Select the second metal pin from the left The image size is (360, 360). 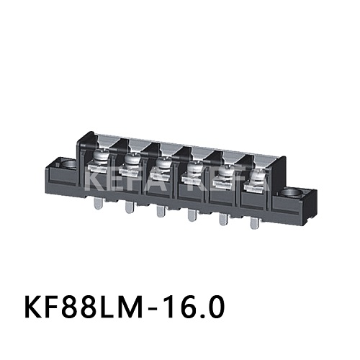(x=129, y=208)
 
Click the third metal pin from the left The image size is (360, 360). (x=159, y=212)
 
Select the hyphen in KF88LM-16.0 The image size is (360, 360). (x=158, y=307)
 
